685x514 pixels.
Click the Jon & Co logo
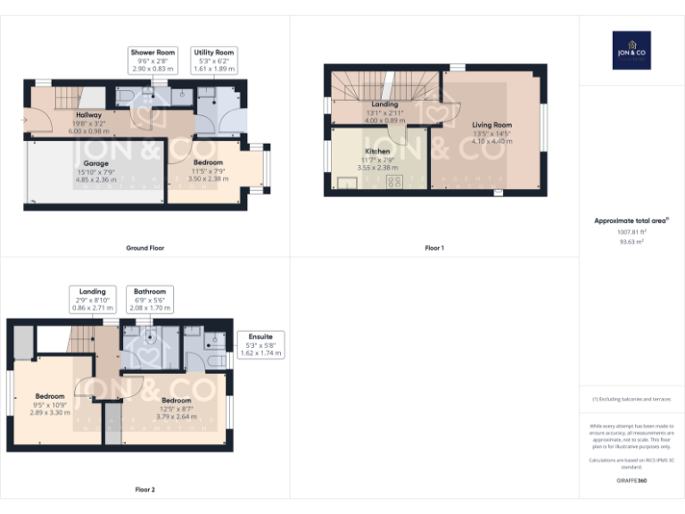631,50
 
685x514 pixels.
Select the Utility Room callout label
214,61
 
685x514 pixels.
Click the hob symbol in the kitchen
392,182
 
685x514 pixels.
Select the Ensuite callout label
260,344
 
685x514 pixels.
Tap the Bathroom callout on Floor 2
150,299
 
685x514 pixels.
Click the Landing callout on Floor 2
92,299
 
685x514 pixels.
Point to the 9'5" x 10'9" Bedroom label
50,404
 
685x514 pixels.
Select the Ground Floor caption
145,247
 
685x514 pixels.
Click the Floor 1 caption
434,247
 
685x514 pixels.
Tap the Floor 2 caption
144,489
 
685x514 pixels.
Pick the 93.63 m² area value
631,240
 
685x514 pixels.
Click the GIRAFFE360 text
631,481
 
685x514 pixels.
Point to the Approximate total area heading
631,220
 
